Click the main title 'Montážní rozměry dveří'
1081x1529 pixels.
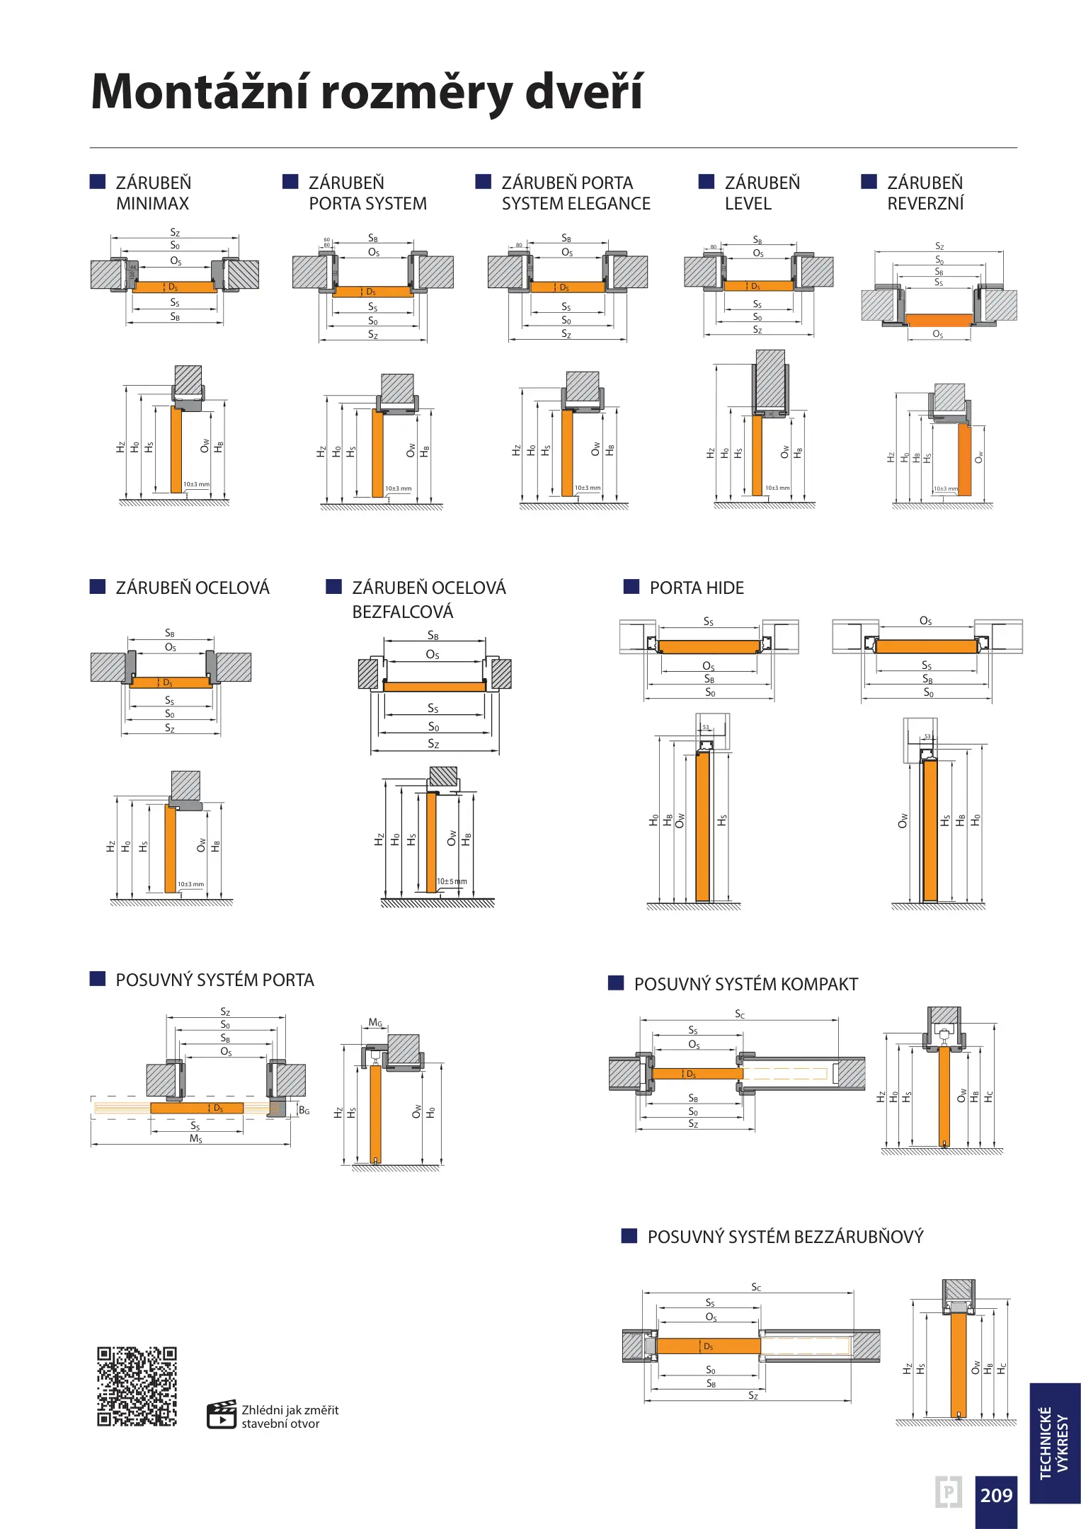(x=367, y=92)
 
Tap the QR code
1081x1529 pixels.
(x=137, y=1386)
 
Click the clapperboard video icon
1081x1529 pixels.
(x=221, y=1415)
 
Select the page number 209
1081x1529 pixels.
(x=996, y=1495)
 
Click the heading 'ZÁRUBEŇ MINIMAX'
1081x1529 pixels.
(x=154, y=193)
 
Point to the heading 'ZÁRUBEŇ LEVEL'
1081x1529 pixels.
(x=762, y=193)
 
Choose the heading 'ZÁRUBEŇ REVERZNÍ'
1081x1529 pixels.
(x=925, y=193)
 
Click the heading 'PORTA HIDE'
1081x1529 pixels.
(x=697, y=588)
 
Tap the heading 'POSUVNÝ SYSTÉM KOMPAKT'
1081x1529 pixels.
(x=745, y=985)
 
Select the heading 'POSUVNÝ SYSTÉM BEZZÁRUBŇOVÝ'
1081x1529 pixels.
(x=785, y=1237)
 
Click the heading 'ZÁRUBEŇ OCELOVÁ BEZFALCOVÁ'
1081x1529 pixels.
(x=428, y=600)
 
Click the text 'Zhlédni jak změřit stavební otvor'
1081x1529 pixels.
(x=290, y=1416)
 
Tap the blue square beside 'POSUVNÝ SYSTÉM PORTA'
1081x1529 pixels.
(x=98, y=979)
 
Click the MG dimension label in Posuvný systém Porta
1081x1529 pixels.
(x=375, y=1023)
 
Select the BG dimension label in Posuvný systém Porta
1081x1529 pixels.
(x=304, y=1111)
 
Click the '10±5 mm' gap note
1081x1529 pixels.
(x=452, y=881)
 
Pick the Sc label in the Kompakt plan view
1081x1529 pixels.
(x=740, y=1014)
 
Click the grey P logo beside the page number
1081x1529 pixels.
(x=949, y=1492)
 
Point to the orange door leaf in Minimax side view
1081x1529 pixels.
(x=176, y=449)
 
